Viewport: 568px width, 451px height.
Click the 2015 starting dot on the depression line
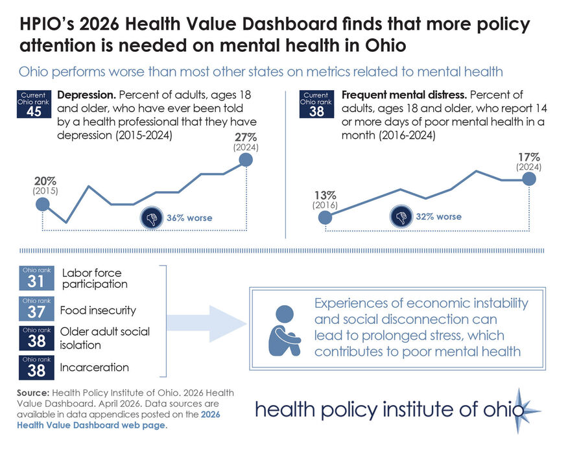click(x=43, y=205)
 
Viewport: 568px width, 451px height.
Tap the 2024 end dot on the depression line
click(x=246, y=161)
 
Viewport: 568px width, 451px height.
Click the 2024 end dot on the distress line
click(x=528, y=179)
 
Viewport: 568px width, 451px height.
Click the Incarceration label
click(x=94, y=367)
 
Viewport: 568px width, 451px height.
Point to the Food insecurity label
click(x=98, y=310)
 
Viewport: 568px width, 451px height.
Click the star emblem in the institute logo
click(x=519, y=410)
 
